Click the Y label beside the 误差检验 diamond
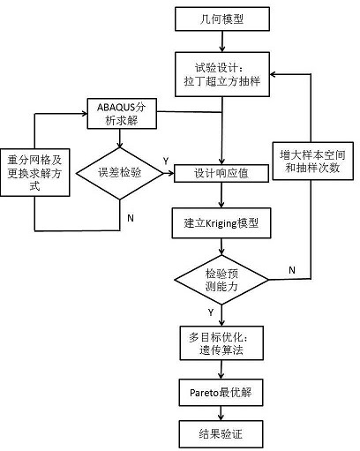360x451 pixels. click(x=165, y=162)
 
